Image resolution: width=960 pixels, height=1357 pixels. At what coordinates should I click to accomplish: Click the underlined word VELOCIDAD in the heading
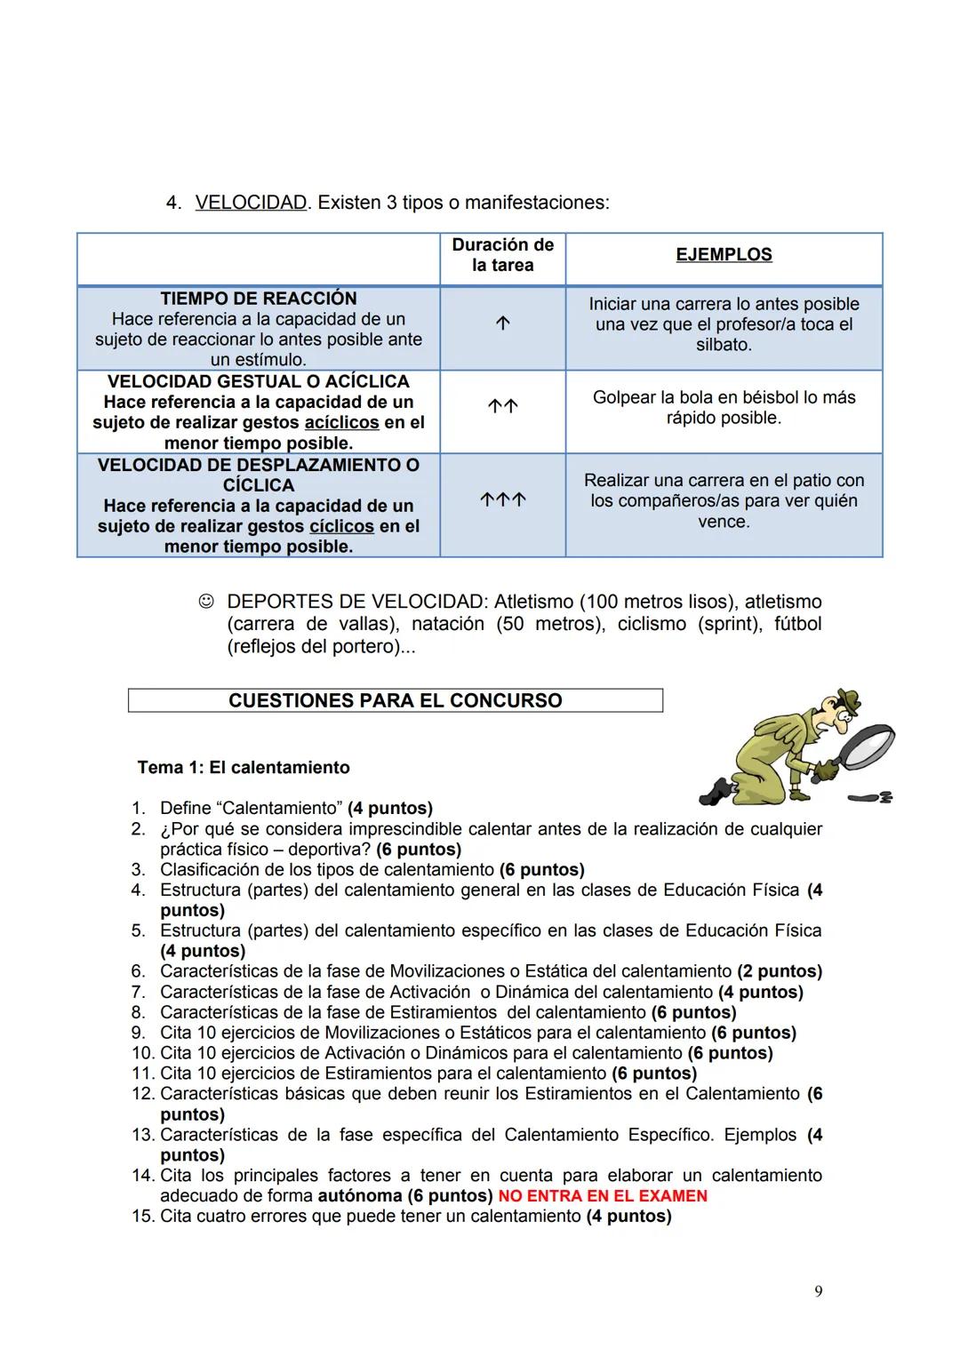click(x=251, y=203)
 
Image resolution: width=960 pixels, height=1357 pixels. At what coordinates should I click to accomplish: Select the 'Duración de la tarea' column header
click(x=502, y=255)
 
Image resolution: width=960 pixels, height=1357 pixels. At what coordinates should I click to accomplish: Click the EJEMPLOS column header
click(x=724, y=255)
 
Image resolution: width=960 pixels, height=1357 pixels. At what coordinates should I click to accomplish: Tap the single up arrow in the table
click(x=502, y=324)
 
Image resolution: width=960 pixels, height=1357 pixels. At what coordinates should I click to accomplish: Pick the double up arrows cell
click(x=502, y=407)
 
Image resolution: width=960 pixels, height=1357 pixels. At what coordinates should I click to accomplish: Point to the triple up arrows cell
click(x=502, y=500)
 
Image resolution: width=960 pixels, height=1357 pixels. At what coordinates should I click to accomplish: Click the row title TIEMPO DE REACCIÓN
click(x=258, y=299)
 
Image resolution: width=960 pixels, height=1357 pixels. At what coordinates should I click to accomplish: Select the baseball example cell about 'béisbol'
click(x=724, y=408)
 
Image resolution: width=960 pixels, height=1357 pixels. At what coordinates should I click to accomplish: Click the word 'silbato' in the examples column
click(x=724, y=345)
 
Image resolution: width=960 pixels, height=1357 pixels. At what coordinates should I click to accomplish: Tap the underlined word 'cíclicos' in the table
click(x=341, y=526)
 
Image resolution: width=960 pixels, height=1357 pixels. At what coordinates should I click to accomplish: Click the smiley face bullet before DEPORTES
click(x=206, y=603)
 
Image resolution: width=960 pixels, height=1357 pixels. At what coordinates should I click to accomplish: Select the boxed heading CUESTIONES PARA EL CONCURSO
click(x=395, y=700)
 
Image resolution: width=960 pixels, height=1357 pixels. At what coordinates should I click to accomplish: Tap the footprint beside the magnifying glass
click(x=872, y=797)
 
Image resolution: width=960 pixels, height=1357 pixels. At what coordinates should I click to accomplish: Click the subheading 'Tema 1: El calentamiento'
click(x=244, y=767)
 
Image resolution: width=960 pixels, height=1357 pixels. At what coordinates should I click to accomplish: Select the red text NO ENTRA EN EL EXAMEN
click(x=603, y=1196)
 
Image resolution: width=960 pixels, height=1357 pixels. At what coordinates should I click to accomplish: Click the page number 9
click(x=819, y=1291)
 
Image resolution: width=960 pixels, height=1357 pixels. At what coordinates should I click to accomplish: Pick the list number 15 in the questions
click(x=142, y=1217)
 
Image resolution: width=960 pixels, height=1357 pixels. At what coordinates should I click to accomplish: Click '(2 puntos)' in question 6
click(x=780, y=971)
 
